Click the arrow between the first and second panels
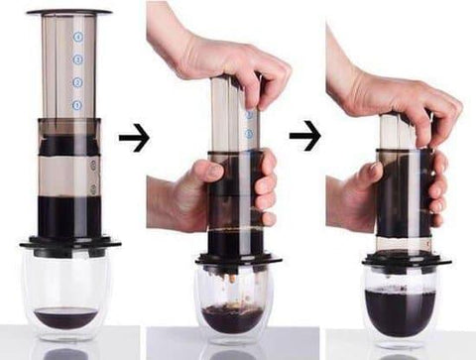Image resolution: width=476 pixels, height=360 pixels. [133, 138]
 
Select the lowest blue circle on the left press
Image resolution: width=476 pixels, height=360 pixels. [77, 104]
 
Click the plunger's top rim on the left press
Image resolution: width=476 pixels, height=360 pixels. [68, 13]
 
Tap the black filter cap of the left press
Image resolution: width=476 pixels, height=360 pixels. [69, 241]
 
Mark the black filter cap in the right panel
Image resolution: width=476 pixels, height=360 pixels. [402, 259]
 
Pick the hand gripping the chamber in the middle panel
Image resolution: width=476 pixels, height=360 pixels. [178, 193]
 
